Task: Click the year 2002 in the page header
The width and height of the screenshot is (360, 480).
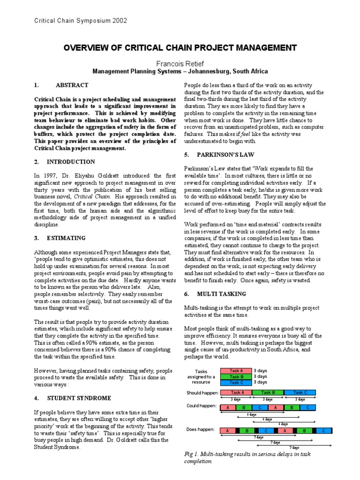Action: click(119, 21)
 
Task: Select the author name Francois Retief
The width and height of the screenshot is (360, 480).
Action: click(180, 63)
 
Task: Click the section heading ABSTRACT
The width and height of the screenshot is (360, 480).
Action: click(72, 85)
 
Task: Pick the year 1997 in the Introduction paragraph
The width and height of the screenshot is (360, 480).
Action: click(51, 175)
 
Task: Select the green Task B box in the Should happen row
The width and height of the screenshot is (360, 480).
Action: click(268, 392)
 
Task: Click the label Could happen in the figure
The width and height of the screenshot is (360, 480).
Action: click(202, 405)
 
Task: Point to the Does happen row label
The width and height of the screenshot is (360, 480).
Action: click(201, 429)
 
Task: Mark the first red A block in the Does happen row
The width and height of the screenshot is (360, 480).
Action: click(227, 430)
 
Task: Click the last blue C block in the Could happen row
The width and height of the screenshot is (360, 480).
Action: click(308, 407)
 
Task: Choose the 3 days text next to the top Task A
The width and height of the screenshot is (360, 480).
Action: click(260, 370)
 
